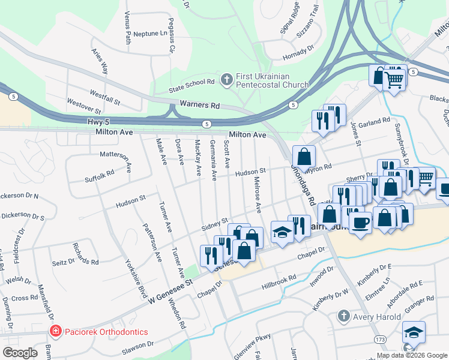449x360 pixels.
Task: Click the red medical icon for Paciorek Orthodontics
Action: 55,331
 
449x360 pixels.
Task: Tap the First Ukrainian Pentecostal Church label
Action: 263,80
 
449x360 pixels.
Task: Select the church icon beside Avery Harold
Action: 343,315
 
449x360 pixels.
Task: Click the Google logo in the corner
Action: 20,353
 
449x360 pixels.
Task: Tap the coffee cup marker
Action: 360,223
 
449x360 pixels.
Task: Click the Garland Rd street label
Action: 375,122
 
